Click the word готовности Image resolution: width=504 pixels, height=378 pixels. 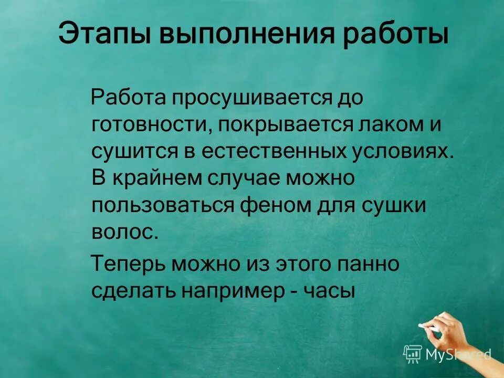coord(148,126)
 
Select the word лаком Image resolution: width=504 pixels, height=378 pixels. coord(388,126)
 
